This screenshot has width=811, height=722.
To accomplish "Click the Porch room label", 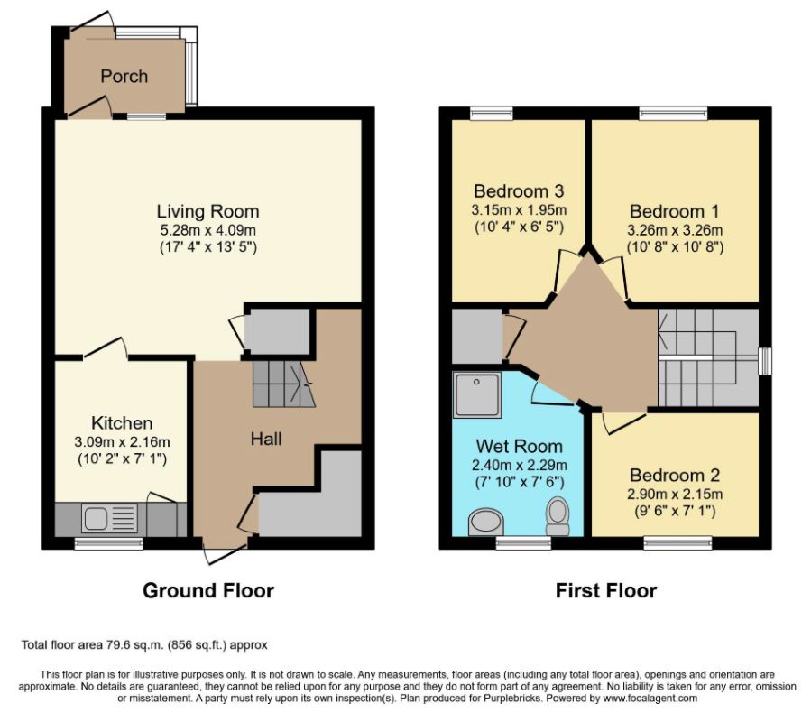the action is click(124, 76).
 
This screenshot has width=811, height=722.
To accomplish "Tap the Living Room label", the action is click(207, 211).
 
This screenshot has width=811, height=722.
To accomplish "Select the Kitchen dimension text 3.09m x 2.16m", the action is click(122, 442).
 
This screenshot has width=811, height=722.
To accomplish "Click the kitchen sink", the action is click(110, 519).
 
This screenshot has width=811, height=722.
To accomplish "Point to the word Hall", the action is click(266, 439).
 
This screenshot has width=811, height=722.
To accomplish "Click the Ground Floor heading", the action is click(208, 590).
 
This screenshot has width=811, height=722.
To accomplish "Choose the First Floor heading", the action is click(606, 590).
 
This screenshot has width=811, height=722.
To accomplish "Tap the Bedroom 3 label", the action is click(519, 191).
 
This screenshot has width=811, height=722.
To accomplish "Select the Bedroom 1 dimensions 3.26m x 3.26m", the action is click(675, 230).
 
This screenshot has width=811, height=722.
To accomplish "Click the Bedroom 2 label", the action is click(675, 475).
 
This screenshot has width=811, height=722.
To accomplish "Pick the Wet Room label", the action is click(520, 446).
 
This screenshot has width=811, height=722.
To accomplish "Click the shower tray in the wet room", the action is click(477, 394).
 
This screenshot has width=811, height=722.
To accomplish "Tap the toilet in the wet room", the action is click(558, 516).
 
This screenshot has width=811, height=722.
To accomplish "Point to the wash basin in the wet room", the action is click(486, 523).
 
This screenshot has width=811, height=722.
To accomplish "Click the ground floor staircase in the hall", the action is click(283, 384).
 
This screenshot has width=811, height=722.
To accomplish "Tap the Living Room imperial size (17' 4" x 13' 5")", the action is click(207, 247).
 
